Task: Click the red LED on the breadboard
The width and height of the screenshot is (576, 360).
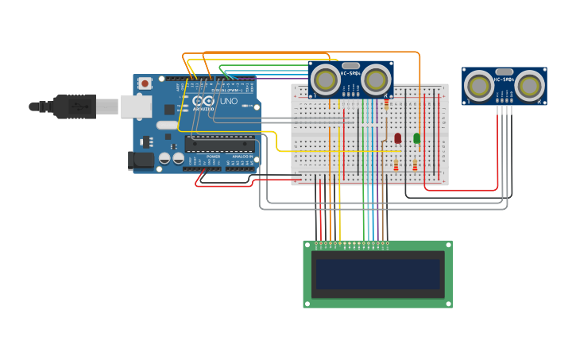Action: (x=398, y=137)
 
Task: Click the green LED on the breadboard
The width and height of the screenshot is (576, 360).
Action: (x=417, y=137)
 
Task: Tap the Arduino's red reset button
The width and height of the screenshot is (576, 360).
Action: (x=145, y=83)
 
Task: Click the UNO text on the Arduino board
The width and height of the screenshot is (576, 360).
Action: (x=228, y=102)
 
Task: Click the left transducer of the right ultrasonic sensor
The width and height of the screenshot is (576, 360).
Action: (x=479, y=85)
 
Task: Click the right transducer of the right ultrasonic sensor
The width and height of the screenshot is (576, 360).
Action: (x=529, y=85)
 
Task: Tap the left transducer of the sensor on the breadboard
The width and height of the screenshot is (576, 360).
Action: (x=326, y=79)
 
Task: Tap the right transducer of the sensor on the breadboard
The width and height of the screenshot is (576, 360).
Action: (x=376, y=79)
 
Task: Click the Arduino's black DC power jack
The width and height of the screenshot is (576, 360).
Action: (x=141, y=160)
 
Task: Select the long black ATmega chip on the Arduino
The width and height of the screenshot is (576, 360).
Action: (x=220, y=145)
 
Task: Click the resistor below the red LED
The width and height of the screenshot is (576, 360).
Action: (x=396, y=165)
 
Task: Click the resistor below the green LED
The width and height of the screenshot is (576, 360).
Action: (x=415, y=165)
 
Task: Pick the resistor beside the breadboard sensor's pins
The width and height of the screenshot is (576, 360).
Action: (x=387, y=103)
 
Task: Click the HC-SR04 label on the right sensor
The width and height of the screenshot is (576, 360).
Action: (x=504, y=79)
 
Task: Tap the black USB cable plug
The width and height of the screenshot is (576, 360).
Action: (x=75, y=106)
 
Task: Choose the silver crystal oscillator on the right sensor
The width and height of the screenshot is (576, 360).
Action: (x=504, y=72)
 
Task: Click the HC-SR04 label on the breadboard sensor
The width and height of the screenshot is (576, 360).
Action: (x=351, y=74)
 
